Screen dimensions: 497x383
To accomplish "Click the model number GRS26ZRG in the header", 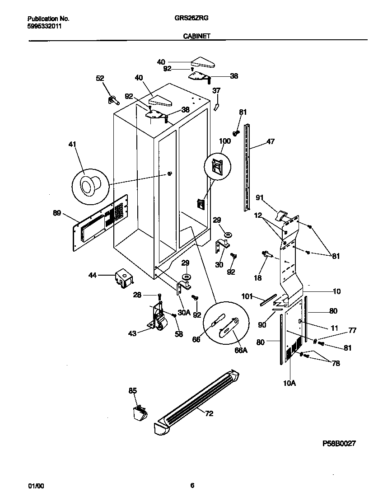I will (x=191, y=19).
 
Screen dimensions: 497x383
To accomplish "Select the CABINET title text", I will (x=196, y=36).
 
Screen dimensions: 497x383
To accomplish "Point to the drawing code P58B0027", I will (x=338, y=444).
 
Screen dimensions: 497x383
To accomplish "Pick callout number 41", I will (x=72, y=145).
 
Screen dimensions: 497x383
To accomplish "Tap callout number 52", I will (x=100, y=78).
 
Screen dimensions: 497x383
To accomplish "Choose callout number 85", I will (x=132, y=390).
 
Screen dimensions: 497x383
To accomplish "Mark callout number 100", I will (x=224, y=141).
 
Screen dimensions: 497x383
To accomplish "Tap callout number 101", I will (x=247, y=297).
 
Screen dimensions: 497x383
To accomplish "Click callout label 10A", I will (x=289, y=383).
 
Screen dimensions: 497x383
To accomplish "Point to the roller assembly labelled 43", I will (x=158, y=319).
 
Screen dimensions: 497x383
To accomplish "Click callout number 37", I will (x=216, y=90).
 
